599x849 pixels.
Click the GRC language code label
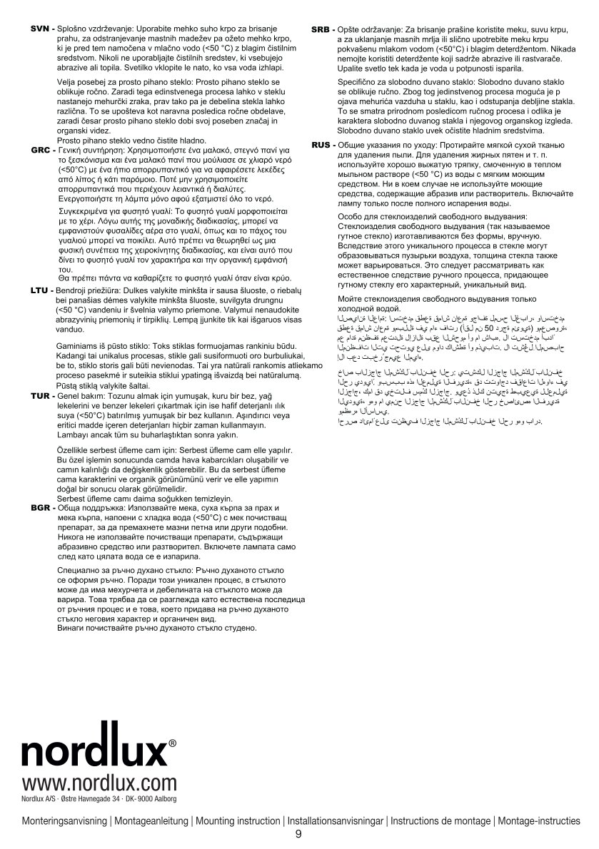click(40, 151)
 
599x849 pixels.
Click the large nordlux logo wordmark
click(94, 752)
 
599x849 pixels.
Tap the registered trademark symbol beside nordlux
click(173, 743)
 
